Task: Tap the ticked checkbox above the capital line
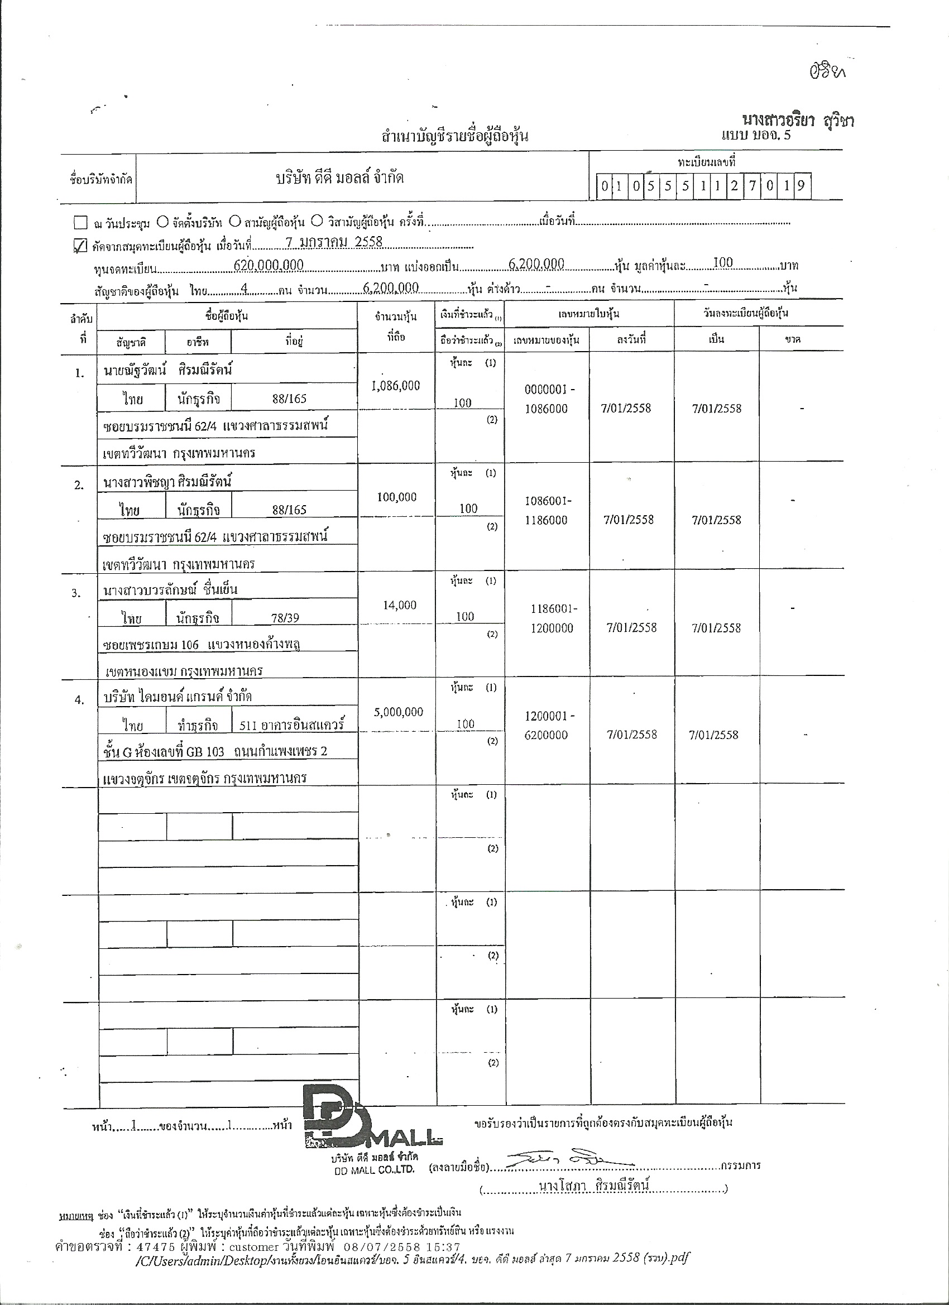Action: pos(80,246)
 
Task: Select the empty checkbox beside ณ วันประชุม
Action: pos(80,222)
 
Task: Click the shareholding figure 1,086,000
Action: pos(396,386)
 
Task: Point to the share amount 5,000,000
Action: pos(398,712)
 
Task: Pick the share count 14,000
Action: pos(399,604)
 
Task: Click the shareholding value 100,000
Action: pos(396,497)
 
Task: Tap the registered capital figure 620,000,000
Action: pos(269,265)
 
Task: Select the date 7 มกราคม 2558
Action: pos(334,242)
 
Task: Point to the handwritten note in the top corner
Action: pos(827,73)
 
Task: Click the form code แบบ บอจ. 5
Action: pos(756,136)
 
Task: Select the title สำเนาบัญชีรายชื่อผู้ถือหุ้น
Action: pos(454,136)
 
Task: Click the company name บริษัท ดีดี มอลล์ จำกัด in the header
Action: pos(339,179)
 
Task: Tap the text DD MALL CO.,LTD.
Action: pos(374,1170)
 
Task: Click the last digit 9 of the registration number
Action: pos(801,186)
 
